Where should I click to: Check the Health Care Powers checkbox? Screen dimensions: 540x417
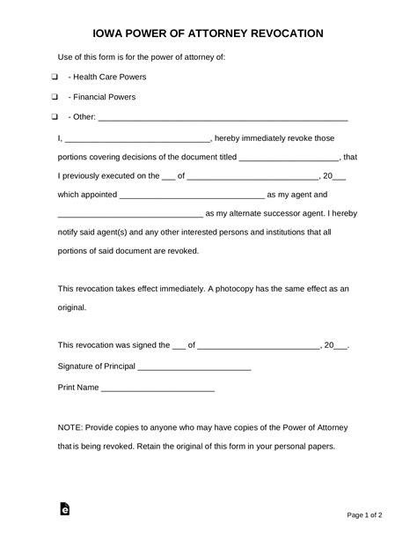(55, 78)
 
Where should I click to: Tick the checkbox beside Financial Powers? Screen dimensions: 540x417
(55, 97)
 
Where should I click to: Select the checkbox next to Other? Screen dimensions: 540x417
(55, 116)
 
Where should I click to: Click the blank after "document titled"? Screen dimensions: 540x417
(276, 159)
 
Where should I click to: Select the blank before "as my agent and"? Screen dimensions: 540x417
(191, 196)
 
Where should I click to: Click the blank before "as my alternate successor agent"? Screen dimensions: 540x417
(129, 215)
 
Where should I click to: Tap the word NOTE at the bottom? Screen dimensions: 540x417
(69, 426)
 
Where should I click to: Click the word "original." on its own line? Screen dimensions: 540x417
(72, 307)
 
